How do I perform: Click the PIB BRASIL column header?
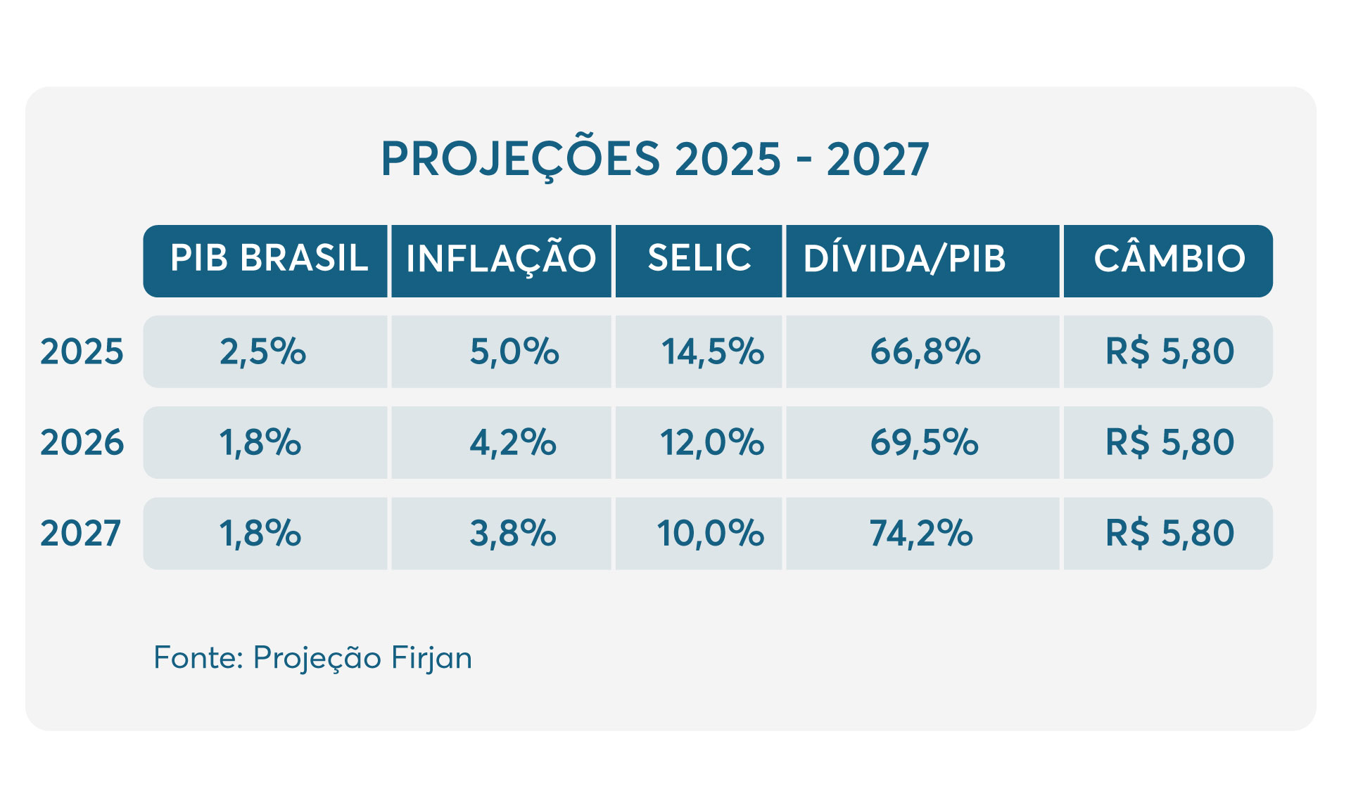point(269,259)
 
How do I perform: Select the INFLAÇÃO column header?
point(501,259)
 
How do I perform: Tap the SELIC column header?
point(699,259)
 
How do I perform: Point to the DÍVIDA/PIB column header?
point(905,259)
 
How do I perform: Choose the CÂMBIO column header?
point(1169,259)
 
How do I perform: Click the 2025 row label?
point(82,352)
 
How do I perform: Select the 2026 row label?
point(82,442)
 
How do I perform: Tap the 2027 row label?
point(81,533)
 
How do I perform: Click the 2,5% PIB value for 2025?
point(263,352)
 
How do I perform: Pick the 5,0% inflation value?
point(514,352)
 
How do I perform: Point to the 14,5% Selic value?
point(712,352)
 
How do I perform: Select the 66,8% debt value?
point(925,352)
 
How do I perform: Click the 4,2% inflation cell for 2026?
point(513,442)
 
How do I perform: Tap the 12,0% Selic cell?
point(711,442)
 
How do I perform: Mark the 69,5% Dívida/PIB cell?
point(924,442)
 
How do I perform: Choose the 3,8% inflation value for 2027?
point(513,533)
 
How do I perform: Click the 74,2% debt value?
point(921,533)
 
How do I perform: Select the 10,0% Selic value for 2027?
point(710,533)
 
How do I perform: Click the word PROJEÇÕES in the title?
point(521,159)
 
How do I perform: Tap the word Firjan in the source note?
point(431,658)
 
